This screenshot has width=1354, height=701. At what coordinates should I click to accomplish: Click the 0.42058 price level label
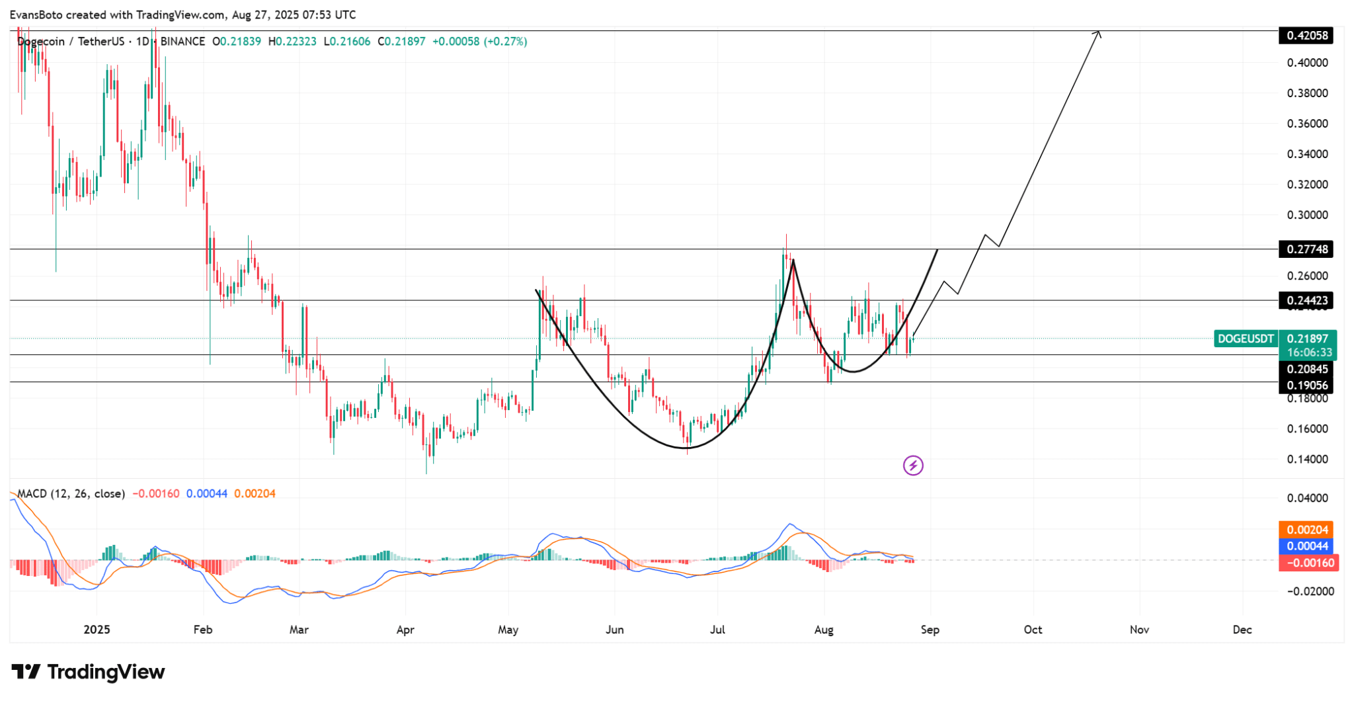pos(1306,35)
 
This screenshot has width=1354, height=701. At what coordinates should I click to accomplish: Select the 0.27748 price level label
pos(1306,249)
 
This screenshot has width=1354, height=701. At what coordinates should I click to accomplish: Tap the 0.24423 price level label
pos(1306,301)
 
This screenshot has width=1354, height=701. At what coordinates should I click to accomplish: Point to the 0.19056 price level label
pos(1306,385)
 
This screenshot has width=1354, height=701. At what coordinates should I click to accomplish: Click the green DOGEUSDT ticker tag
pos(1246,339)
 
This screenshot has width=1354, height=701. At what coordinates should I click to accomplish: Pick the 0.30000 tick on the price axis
pos(1307,215)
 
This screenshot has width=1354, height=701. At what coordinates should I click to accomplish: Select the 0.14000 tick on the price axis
pos(1307,459)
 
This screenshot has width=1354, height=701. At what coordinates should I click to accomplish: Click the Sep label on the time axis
pos(930,630)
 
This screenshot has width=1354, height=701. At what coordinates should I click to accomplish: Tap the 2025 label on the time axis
pos(97,630)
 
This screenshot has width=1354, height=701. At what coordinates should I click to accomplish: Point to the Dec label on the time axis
pos(1242,630)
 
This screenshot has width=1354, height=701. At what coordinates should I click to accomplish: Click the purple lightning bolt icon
pos(913,466)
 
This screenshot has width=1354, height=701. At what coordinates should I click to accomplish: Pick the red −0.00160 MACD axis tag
pos(1308,563)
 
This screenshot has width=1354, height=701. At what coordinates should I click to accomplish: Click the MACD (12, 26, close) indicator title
pos(71,493)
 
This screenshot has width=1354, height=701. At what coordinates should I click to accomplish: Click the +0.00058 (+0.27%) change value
pos(479,42)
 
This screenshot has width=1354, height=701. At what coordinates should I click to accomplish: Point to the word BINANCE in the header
pos(182,42)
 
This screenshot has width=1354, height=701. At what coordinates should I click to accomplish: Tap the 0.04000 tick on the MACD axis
pos(1307,498)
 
